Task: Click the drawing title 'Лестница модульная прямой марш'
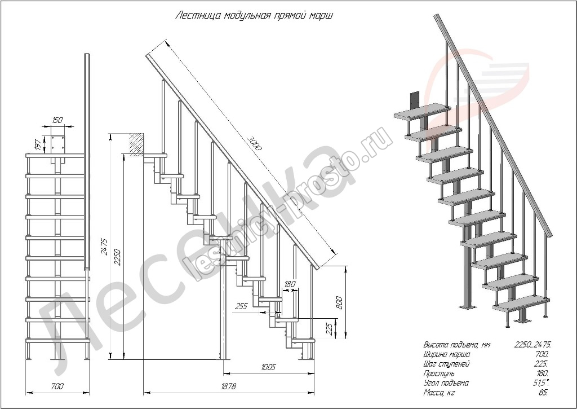tap(254, 15)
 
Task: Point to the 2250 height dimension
tap(116, 258)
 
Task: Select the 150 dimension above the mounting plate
tap(57, 120)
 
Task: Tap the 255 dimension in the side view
tap(241, 306)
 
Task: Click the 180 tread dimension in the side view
tap(290, 284)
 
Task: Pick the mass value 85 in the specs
tap(543, 392)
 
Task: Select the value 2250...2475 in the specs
tap(532, 345)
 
